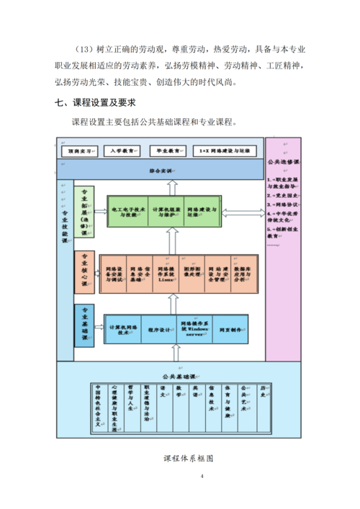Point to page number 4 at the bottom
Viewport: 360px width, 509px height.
click(x=202, y=477)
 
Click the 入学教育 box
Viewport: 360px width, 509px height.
click(x=119, y=152)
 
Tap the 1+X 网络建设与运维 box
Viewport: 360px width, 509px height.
click(x=225, y=152)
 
